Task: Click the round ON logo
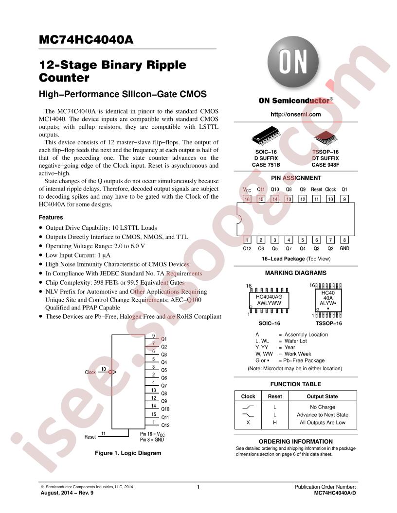(293, 62)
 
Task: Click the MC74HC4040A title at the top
(86, 39)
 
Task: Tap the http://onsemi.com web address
(295, 114)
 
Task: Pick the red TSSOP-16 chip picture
(325, 137)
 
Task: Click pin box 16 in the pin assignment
(247, 199)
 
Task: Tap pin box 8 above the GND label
(344, 240)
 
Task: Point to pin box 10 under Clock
(330, 199)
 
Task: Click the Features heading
(51, 217)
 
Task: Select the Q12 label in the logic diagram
(165, 426)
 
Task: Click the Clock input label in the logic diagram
(90, 372)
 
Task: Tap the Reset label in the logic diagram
(90, 437)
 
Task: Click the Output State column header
(322, 396)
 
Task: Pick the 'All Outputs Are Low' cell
(322, 422)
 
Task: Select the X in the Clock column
(248, 422)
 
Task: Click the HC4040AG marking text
(269, 297)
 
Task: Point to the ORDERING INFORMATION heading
(295, 442)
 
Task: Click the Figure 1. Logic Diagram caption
(128, 453)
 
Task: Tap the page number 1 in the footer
(198, 487)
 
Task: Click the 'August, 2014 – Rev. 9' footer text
(67, 493)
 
